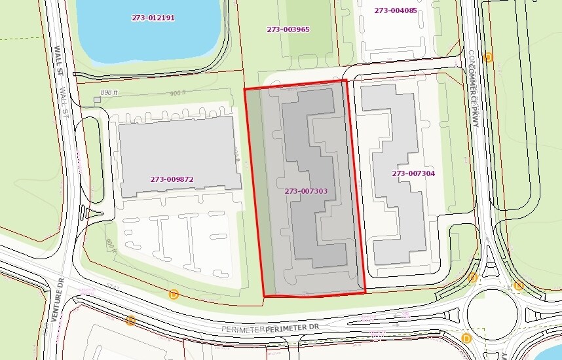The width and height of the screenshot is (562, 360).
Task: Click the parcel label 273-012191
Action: pyautogui.click(x=153, y=18)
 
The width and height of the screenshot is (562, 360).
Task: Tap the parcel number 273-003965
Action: pyautogui.click(x=288, y=29)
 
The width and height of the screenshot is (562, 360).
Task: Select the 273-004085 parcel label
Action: pyautogui.click(x=395, y=10)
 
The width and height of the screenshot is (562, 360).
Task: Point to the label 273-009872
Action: pyautogui.click(x=172, y=179)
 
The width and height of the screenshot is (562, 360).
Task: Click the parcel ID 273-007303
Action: pyautogui.click(x=306, y=191)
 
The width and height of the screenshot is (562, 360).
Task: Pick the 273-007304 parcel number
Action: pyautogui.click(x=413, y=173)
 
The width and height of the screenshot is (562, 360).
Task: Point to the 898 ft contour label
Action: pyautogui.click(x=109, y=93)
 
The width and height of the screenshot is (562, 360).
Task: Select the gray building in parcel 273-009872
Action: pyautogui.click(x=177, y=157)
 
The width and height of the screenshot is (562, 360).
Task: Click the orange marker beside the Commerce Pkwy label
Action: pyautogui.click(x=487, y=57)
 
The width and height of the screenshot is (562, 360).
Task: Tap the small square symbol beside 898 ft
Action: pyautogui.click(x=98, y=99)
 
